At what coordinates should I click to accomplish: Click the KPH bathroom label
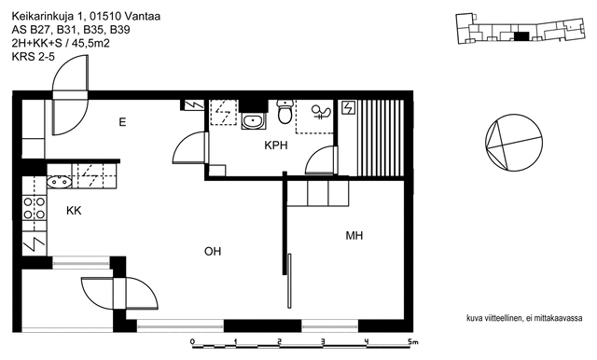point(276,145)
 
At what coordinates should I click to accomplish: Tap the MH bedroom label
point(354,236)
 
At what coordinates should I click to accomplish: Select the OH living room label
point(213,251)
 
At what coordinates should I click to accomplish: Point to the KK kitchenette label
point(74,211)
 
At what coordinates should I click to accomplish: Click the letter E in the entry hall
point(122,122)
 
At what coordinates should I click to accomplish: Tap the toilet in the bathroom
point(285,112)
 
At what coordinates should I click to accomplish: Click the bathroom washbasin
point(252,121)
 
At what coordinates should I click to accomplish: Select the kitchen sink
point(59,182)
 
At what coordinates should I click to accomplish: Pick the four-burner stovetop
point(35,208)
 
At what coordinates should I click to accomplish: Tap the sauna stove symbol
point(348,107)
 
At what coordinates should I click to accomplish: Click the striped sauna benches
point(380,138)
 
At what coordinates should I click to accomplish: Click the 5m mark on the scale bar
point(412,341)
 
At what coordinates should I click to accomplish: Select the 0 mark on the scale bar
point(193,341)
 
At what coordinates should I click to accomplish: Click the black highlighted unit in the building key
point(521,36)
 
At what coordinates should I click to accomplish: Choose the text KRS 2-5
point(34,57)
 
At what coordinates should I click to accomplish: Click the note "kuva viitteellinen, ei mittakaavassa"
point(524,318)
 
